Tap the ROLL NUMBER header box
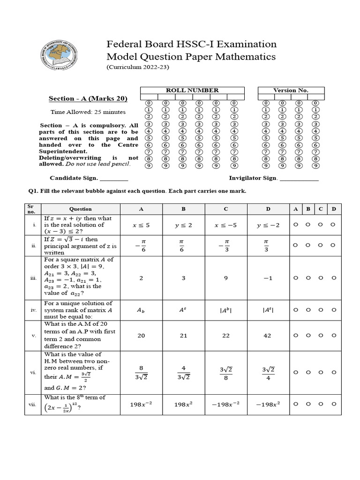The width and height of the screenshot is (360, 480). tap(192, 90)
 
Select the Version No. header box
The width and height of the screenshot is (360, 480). tap(291, 90)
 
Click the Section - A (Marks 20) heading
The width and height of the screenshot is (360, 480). tap(88, 98)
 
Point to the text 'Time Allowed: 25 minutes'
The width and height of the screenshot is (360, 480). tap(88, 112)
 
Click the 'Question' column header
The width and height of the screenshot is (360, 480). tap(81, 209)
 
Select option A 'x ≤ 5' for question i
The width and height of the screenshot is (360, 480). tap(141, 225)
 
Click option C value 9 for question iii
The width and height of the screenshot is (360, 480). tap(225, 278)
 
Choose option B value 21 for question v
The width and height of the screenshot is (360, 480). tap(183, 336)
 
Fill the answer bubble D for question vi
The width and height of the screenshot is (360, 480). tap(333, 372)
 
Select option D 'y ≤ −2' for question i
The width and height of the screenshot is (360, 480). tap(268, 225)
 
